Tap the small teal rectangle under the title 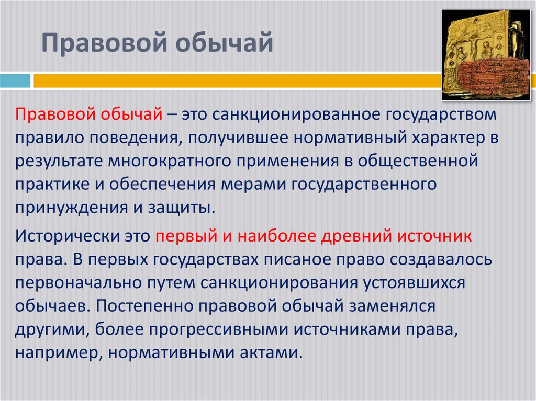click(15, 81)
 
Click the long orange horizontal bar click(236, 81)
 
